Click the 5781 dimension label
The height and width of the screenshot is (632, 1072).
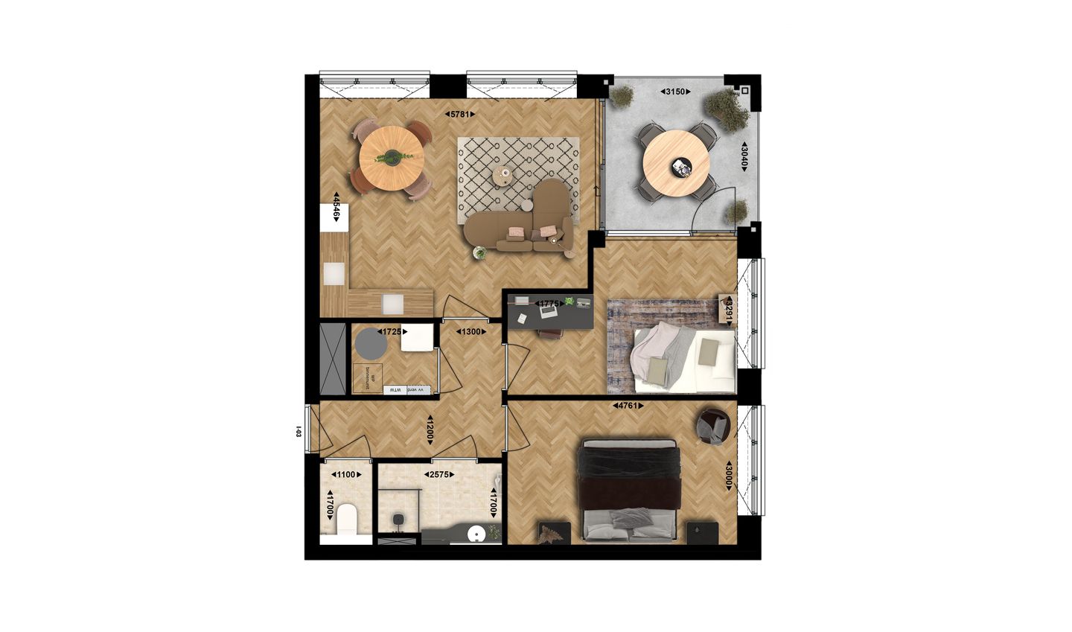tap(459, 115)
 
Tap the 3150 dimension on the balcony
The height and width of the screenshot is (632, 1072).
tap(675, 92)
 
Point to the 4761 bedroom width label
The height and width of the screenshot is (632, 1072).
tap(628, 406)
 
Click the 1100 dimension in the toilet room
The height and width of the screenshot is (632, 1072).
tap(346, 474)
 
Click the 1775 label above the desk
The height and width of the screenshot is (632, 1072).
tap(549, 304)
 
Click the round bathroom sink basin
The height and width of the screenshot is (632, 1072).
tap(476, 533)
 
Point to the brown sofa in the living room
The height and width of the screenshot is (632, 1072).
tap(521, 225)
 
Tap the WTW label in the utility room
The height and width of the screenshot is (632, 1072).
tap(395, 390)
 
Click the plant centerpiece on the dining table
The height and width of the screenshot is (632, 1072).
tap(392, 157)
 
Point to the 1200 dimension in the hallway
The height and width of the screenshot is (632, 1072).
tap(430, 430)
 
